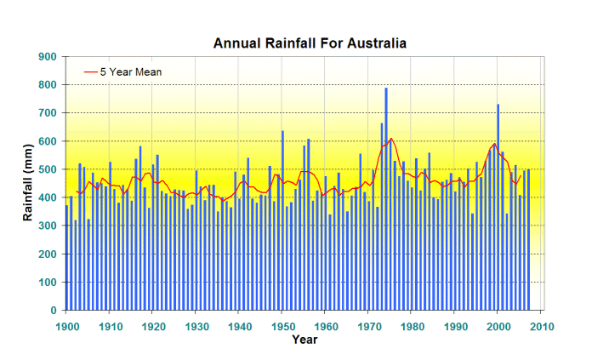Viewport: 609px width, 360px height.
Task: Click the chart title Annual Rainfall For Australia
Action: [x=310, y=43]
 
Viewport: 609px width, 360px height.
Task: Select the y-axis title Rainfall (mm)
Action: [x=28, y=184]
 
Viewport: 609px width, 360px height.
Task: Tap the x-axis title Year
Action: [x=304, y=340]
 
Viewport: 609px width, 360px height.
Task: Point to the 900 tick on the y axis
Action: [x=48, y=57]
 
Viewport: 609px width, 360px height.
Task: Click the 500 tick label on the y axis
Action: [x=48, y=169]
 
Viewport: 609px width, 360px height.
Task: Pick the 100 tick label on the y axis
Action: [x=48, y=283]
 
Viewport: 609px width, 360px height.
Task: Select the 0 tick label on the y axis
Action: [x=53, y=311]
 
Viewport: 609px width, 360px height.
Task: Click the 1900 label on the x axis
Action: [x=66, y=325]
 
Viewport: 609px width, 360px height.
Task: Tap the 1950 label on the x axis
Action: [x=282, y=325]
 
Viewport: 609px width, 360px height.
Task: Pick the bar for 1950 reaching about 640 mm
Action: [x=282, y=221]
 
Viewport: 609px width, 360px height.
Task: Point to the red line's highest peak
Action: [x=390, y=139]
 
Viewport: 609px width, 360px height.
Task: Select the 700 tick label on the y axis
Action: [x=48, y=113]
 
